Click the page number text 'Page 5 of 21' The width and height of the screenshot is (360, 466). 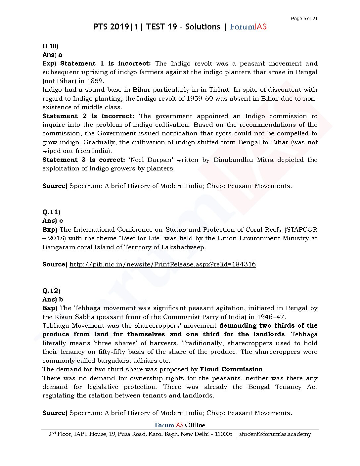(x=304, y=19)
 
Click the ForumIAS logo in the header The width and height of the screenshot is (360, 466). (x=248, y=27)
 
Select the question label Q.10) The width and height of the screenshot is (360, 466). (x=50, y=46)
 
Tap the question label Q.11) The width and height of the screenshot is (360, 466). (x=51, y=212)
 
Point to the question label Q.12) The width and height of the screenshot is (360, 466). (x=51, y=291)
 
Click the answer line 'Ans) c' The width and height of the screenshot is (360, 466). (x=53, y=221)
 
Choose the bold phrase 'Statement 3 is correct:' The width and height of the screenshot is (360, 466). (x=84, y=160)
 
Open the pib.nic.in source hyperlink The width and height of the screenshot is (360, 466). (x=162, y=264)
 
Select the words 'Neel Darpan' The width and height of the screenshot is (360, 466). (x=151, y=160)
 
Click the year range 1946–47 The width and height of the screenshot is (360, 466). (x=268, y=317)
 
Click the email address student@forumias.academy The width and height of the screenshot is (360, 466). (x=275, y=434)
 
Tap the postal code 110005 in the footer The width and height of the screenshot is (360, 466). (x=224, y=434)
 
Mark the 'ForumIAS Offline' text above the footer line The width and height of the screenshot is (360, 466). (x=180, y=425)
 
